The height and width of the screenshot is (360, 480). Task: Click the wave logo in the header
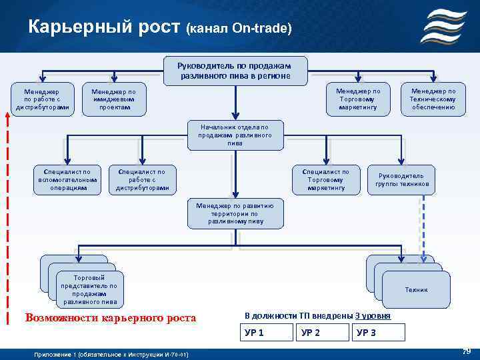(x=447, y=27)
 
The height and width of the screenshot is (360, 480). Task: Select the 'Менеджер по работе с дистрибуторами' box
(x=42, y=99)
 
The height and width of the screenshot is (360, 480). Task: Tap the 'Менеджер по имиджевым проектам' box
(x=113, y=99)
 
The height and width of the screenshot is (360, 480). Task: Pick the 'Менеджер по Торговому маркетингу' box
(x=358, y=99)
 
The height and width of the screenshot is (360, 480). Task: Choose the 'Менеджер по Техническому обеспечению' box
(x=433, y=99)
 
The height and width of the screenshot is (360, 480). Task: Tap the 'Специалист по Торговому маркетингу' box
(x=327, y=180)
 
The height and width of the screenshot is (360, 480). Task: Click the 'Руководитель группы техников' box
(x=402, y=180)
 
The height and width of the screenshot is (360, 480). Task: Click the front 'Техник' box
(x=417, y=290)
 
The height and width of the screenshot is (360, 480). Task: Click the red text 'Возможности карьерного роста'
(x=111, y=318)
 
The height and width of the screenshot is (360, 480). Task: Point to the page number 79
(x=467, y=351)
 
